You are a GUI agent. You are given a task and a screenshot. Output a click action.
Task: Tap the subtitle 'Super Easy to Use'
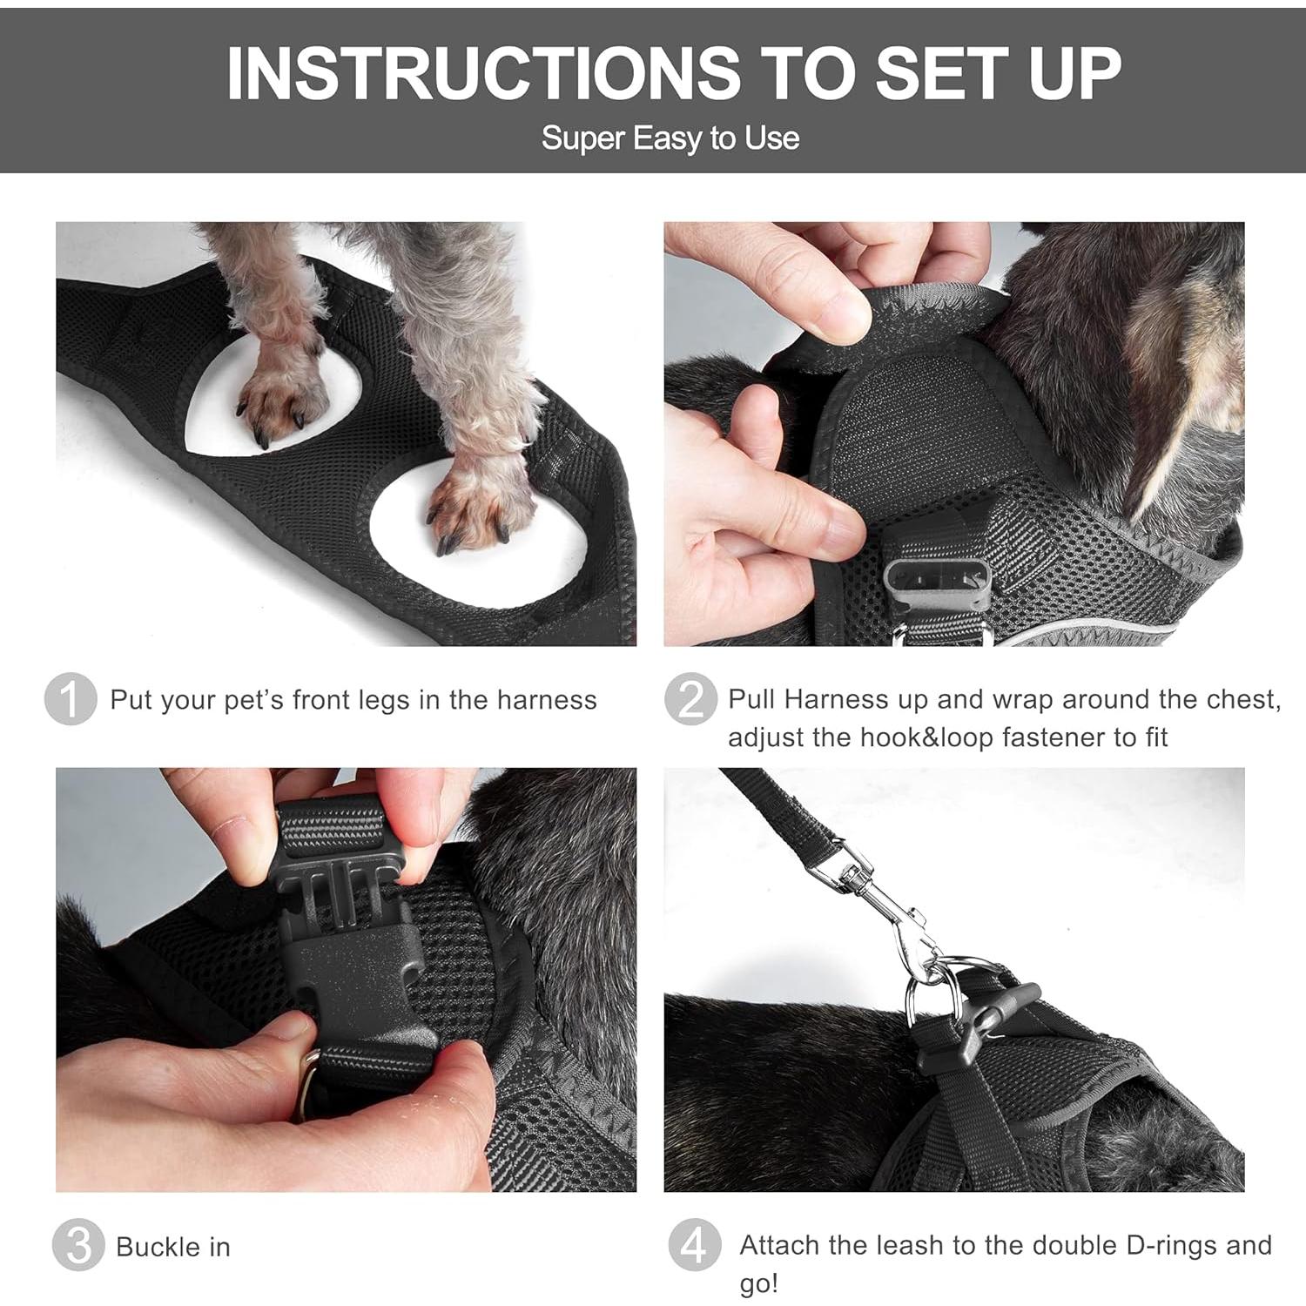click(670, 138)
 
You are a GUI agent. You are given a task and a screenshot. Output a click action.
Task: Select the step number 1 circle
click(71, 699)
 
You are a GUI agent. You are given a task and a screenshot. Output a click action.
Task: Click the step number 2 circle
click(690, 699)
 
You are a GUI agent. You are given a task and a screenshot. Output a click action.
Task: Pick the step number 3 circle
click(77, 1246)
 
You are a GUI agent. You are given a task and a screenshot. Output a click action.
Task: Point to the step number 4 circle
click(695, 1246)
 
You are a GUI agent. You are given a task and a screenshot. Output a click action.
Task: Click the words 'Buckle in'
click(173, 1247)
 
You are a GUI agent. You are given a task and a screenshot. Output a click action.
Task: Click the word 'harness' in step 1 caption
click(547, 700)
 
